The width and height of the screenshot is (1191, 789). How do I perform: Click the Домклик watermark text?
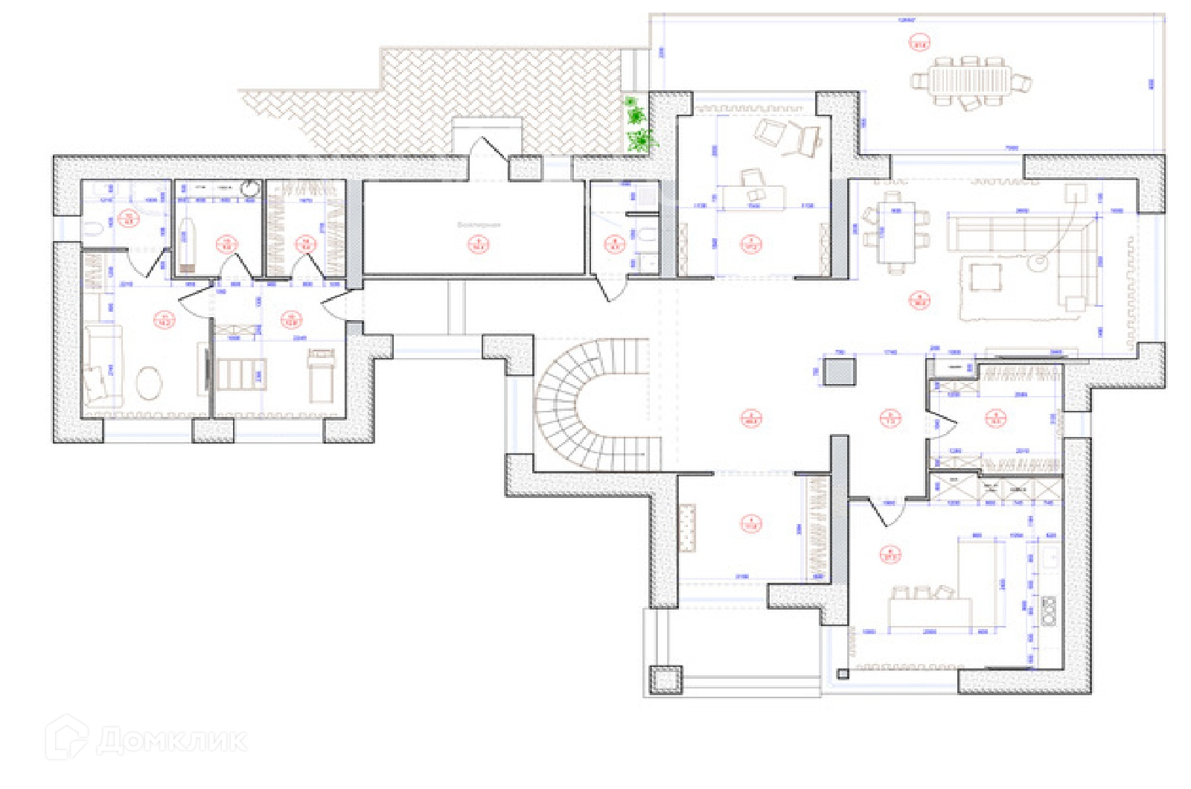tap(171, 741)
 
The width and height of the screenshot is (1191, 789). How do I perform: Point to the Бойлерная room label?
tap(479, 224)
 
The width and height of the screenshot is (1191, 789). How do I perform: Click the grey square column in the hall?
tap(839, 371)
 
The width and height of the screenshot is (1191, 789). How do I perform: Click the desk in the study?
tap(753, 197)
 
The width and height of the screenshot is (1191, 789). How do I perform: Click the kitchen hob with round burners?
tap(1050, 610)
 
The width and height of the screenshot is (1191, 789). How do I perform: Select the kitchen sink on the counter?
tap(1050, 558)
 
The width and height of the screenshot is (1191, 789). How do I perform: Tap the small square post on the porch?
tap(665, 680)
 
